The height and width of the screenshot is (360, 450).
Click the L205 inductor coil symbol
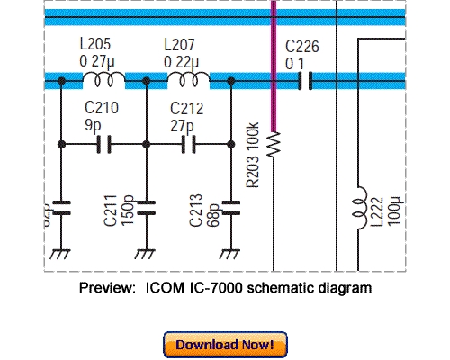click(103, 82)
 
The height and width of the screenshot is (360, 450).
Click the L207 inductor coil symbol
click(188, 82)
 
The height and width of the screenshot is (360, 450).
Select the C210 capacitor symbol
click(103, 143)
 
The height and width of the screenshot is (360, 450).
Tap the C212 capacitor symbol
click(189, 143)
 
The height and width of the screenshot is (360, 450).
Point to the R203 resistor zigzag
click(274, 142)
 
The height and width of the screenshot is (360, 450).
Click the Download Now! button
click(225, 344)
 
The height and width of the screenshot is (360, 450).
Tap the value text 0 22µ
click(184, 60)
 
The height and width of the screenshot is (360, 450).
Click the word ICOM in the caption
click(166, 288)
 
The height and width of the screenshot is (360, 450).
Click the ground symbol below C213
click(231, 255)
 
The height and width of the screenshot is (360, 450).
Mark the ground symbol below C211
click(146, 255)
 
